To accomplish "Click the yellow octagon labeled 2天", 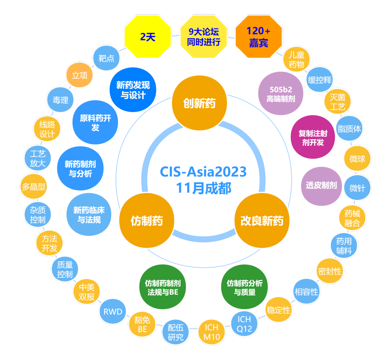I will point(147,37).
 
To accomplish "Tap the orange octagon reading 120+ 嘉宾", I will point(258,37).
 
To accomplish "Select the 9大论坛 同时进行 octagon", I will point(203,37).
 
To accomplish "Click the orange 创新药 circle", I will point(199,104).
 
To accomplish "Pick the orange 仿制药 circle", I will point(147,221).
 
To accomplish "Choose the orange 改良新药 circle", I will point(262,221).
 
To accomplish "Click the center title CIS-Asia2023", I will point(203,171).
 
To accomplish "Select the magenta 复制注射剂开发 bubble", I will point(313,137).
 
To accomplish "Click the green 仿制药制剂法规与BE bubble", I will point(163,288).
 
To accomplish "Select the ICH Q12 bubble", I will point(244,324).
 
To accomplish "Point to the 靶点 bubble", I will point(106,58).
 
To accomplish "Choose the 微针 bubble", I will point(357,188).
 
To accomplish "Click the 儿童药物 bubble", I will point(297,60).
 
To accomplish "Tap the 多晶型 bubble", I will point(33,187).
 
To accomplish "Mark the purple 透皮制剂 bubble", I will point(321,186).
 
